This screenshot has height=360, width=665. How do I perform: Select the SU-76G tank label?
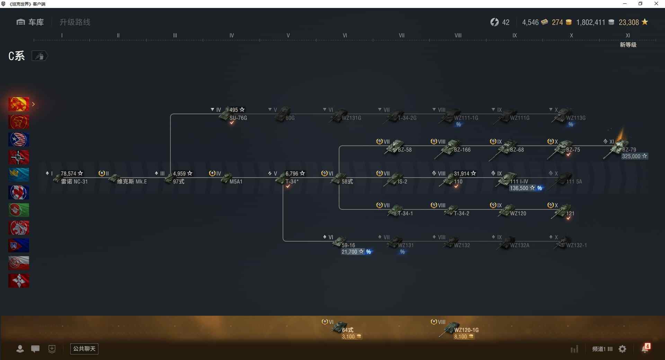click(x=238, y=118)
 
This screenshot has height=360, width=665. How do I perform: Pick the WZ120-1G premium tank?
click(x=466, y=330)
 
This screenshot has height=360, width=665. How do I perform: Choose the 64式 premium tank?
click(x=347, y=330)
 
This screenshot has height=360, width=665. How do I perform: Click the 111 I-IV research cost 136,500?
click(x=519, y=188)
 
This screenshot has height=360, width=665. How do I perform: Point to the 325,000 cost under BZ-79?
click(x=631, y=156)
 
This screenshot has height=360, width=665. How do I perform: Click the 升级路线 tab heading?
click(x=75, y=22)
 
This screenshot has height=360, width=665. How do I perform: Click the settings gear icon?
click(x=622, y=349)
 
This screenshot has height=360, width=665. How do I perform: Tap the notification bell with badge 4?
click(x=645, y=348)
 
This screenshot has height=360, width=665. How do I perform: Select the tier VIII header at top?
click(x=458, y=35)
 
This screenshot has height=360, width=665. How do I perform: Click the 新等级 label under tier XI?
click(x=628, y=45)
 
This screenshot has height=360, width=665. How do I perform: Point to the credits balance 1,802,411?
click(x=591, y=22)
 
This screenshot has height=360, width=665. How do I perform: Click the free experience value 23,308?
click(x=629, y=22)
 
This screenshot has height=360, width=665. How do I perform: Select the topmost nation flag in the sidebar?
click(x=19, y=104)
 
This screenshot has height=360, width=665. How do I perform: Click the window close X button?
click(x=656, y=4)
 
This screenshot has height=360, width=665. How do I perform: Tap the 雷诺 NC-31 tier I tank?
click(x=74, y=182)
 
